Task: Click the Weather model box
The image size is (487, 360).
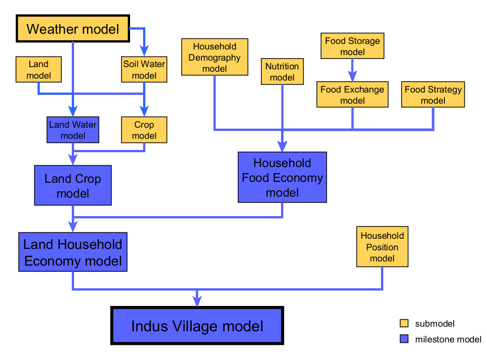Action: point(73,29)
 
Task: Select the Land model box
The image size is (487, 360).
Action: point(38,69)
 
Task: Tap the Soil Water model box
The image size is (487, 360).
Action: point(144,69)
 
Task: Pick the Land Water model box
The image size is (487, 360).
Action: point(73,130)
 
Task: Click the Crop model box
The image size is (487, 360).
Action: point(144,130)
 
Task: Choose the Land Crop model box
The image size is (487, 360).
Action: point(73,185)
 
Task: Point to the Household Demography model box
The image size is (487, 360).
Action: point(215,57)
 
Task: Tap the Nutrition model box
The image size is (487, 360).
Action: point(282,71)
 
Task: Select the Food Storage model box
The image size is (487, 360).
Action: point(352,46)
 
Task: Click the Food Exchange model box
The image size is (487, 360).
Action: point(352,94)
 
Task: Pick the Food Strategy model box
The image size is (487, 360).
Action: point(433,94)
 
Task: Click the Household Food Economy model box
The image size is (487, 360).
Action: point(282,177)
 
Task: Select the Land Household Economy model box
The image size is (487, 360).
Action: point(73,252)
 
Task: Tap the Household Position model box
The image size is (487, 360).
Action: point(382,247)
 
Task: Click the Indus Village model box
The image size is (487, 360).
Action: point(197,326)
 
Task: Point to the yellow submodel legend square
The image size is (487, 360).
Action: point(404,323)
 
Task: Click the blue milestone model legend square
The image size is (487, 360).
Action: point(404,339)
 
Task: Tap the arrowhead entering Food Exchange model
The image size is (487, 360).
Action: point(352,76)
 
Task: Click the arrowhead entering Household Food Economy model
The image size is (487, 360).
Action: point(282,146)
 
